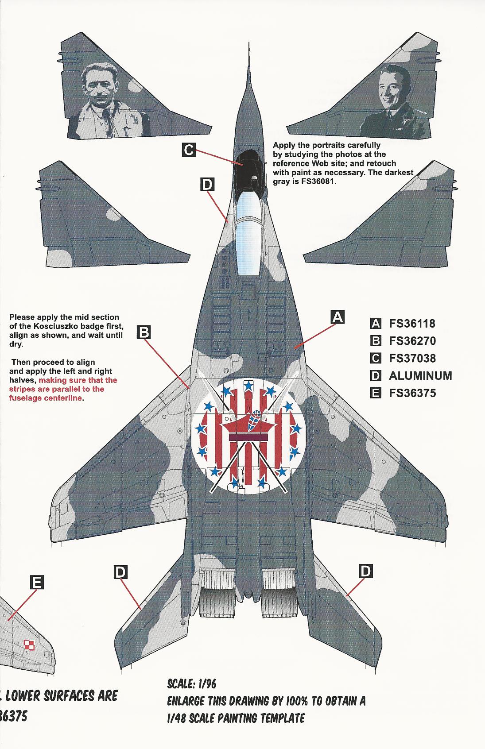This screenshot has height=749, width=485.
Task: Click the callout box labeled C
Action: [x=189, y=150]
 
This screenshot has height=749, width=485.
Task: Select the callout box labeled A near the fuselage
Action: [x=338, y=317]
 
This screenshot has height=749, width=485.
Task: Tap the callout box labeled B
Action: [x=144, y=332]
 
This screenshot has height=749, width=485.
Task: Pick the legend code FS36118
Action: [x=412, y=324]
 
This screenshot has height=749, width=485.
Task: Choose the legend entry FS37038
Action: [x=412, y=358]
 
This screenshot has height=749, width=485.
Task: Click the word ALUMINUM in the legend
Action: [x=420, y=376]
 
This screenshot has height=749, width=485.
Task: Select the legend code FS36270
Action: [x=412, y=341]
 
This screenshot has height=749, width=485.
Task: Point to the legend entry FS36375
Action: [x=412, y=393]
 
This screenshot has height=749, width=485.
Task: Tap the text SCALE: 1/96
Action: [x=191, y=696]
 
